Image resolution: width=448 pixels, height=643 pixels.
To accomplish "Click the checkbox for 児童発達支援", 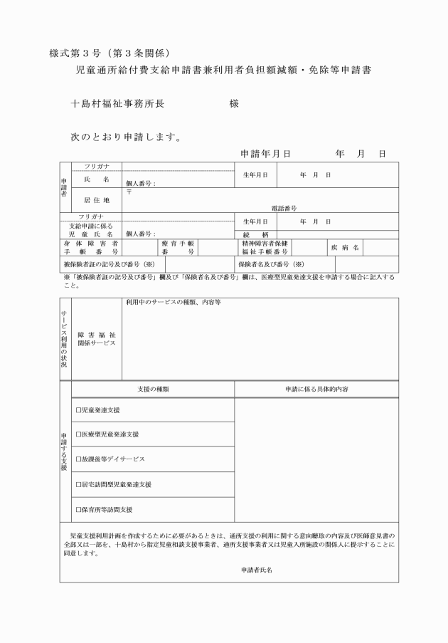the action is tap(79, 410).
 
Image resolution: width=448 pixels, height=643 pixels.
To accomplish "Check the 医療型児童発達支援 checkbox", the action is tap(79, 434).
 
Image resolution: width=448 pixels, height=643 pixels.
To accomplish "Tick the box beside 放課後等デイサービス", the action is tap(79, 459).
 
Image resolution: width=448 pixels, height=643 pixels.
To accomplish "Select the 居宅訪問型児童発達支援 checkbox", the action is tap(79, 484).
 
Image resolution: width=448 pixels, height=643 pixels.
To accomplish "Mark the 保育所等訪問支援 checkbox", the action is tap(79, 510).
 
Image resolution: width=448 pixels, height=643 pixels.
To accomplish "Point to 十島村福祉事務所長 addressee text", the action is tap(118, 104).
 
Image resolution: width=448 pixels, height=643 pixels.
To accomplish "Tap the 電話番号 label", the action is tap(284, 209).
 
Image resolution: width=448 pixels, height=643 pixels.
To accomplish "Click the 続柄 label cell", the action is tap(255, 234).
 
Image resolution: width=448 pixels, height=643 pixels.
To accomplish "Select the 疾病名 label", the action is tap(346, 247).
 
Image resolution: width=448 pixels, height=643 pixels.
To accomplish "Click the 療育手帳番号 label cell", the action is tap(178, 247).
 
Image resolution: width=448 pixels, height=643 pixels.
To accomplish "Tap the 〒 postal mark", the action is tap(129, 192).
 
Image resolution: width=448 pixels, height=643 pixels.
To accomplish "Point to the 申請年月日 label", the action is tap(266, 153).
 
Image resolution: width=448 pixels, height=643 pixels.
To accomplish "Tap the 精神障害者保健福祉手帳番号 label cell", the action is tap(265, 247).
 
